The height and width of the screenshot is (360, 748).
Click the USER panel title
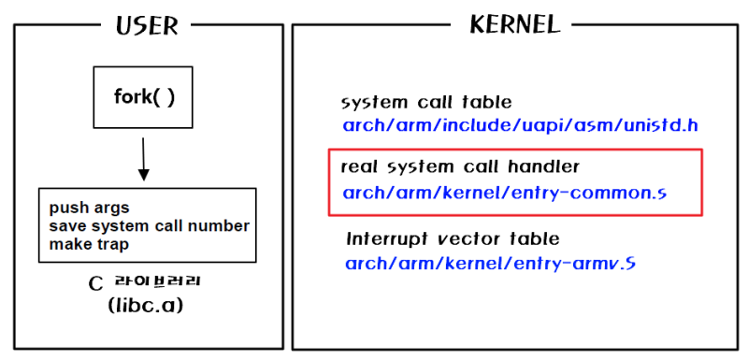[x=147, y=26]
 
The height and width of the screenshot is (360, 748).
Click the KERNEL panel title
[x=514, y=23]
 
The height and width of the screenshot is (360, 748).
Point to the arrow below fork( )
[x=143, y=159]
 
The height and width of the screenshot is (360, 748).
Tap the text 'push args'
[x=89, y=208]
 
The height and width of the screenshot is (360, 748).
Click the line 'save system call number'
[x=150, y=225]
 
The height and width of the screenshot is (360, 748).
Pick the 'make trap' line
[x=89, y=244]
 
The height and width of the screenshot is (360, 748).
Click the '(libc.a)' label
[x=146, y=306]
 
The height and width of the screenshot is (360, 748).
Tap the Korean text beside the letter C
[x=157, y=281]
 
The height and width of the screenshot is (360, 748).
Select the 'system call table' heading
[x=426, y=103]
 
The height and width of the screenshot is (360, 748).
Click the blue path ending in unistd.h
[x=521, y=126]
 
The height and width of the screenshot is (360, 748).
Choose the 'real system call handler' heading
[x=460, y=166]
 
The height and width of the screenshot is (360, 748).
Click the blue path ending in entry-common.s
[x=505, y=194]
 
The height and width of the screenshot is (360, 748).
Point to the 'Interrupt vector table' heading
[x=453, y=238]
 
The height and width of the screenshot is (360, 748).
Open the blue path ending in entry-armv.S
[x=490, y=263]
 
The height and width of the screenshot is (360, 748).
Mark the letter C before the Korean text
[x=96, y=284]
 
